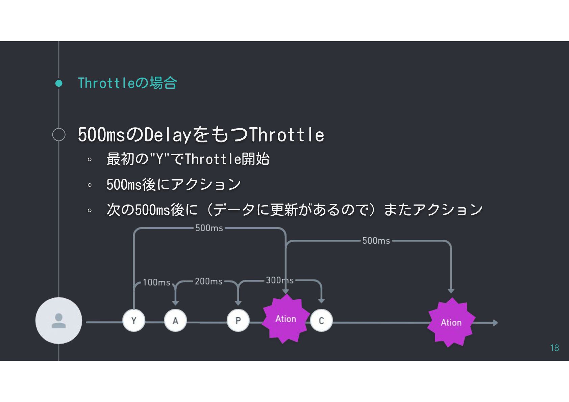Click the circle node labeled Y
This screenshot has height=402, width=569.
[x=134, y=320]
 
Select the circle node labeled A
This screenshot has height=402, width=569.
[x=175, y=320]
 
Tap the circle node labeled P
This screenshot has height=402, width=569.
[x=238, y=320]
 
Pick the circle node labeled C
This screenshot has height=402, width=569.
[x=321, y=320]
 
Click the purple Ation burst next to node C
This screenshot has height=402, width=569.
[x=286, y=319]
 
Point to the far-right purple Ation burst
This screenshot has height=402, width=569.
[x=451, y=322]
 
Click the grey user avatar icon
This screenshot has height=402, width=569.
[x=59, y=321]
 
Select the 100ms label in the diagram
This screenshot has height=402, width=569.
[x=156, y=282]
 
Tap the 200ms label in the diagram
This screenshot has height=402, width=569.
[x=208, y=281]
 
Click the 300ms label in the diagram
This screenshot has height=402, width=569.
[x=279, y=280]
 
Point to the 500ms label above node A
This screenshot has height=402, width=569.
[x=209, y=228]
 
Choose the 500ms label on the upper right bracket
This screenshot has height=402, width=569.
[x=376, y=241]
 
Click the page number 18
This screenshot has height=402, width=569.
[x=554, y=348]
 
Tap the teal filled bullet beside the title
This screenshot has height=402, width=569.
[x=59, y=83]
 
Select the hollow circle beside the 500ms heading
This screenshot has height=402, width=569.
[x=59, y=135]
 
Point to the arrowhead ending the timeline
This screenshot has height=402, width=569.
[x=495, y=323]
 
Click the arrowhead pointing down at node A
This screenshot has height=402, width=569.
[x=175, y=303]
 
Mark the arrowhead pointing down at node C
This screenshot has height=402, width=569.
[x=321, y=301]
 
